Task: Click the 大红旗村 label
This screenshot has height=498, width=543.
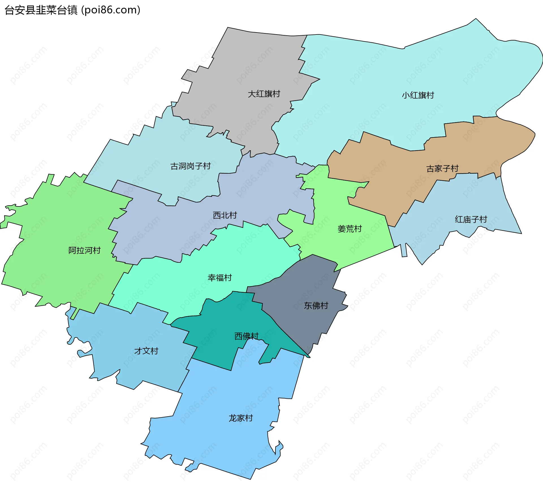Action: [264, 94]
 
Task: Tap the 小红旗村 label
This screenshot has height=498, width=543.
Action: [418, 95]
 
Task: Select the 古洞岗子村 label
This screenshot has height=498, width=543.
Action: [190, 166]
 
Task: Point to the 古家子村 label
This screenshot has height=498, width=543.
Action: [442, 169]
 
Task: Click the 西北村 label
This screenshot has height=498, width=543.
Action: [225, 215]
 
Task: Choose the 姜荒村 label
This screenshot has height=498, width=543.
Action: [350, 229]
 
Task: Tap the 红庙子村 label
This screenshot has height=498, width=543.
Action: [471, 219]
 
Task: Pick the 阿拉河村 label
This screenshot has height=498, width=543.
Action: [85, 250]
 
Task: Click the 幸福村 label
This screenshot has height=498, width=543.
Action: [220, 278]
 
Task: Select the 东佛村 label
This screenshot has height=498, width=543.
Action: [316, 305]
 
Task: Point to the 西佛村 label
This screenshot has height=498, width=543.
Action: [246, 336]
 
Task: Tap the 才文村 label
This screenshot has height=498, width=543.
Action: [146, 351]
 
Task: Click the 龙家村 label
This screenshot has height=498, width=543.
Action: [241, 418]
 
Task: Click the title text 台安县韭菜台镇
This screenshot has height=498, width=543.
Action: [41, 10]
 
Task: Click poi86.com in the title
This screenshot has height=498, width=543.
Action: [111, 10]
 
